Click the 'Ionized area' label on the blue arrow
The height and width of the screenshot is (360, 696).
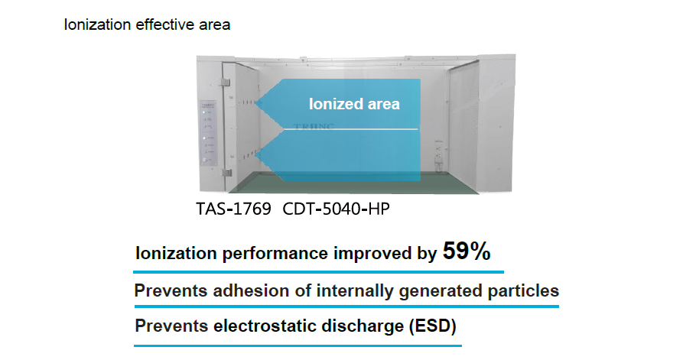[x=354, y=104]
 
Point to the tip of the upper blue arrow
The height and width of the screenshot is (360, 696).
[x=258, y=105]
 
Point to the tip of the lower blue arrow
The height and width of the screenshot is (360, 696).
[x=258, y=156]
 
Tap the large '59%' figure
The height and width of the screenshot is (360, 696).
[x=467, y=252]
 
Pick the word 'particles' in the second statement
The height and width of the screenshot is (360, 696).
[x=525, y=291]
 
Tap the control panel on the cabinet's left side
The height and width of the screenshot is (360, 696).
[x=208, y=134]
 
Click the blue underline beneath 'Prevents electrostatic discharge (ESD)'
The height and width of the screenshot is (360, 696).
[x=298, y=345]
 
